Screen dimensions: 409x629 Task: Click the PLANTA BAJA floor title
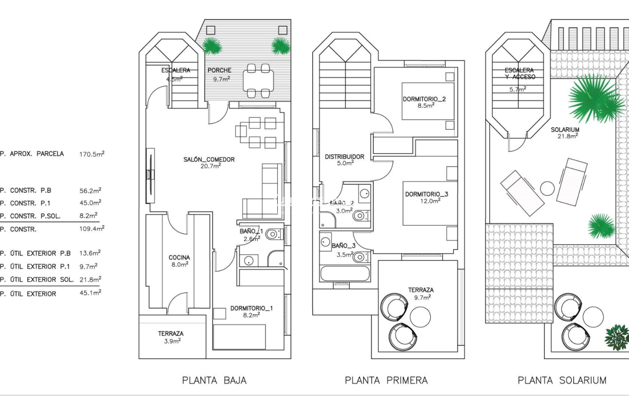(x=214, y=380)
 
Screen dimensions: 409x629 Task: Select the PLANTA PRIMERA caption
(x=386, y=380)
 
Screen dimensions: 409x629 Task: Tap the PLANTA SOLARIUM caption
(x=562, y=380)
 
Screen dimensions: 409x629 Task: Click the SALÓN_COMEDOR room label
(x=209, y=160)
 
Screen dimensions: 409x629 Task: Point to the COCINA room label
(x=179, y=258)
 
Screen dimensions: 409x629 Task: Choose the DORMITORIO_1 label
(x=251, y=309)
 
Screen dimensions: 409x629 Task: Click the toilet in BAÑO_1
(x=273, y=234)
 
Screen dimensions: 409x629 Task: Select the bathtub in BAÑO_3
(x=345, y=274)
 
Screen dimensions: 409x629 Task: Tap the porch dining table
(x=258, y=80)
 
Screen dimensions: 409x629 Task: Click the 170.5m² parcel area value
(x=91, y=154)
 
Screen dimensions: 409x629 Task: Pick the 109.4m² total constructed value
(x=91, y=229)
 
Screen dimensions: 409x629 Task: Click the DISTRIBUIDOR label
(x=344, y=157)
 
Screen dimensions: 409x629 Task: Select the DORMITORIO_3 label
(x=426, y=194)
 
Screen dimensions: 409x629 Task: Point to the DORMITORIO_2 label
(x=425, y=100)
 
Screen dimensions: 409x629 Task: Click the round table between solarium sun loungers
(x=548, y=189)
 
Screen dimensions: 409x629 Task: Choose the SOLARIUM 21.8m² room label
(x=565, y=132)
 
